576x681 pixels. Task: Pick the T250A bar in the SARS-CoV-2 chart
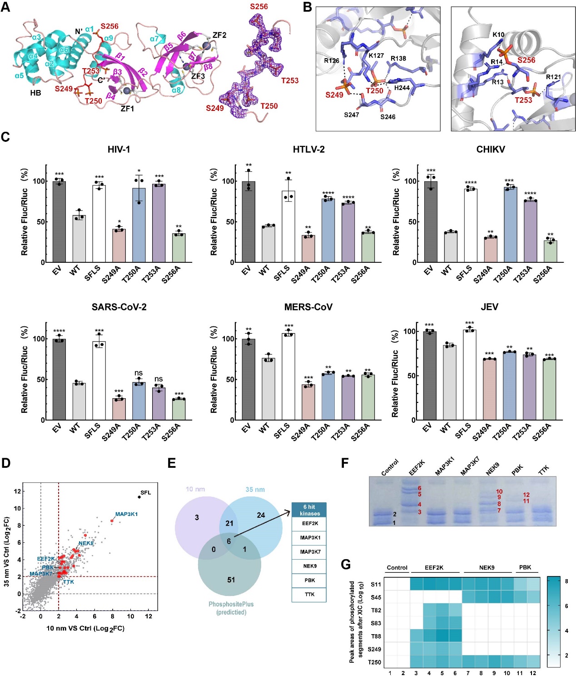139,401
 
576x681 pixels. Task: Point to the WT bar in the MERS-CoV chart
268,389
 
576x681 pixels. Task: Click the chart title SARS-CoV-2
119,307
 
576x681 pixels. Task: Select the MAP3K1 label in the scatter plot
126,514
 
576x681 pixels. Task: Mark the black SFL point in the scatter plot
139,497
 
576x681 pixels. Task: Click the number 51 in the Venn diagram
231,580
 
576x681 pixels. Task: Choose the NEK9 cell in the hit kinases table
309,566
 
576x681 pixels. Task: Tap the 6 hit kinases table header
309,510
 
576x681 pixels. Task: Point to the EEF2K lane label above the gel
416,468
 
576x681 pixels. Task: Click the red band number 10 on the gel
499,491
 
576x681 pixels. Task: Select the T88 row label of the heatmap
376,636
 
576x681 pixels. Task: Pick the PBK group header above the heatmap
525,567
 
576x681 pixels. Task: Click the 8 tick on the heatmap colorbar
566,581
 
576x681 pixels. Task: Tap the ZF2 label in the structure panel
219,35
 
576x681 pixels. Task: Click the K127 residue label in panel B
376,55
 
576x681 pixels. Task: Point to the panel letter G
346,565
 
